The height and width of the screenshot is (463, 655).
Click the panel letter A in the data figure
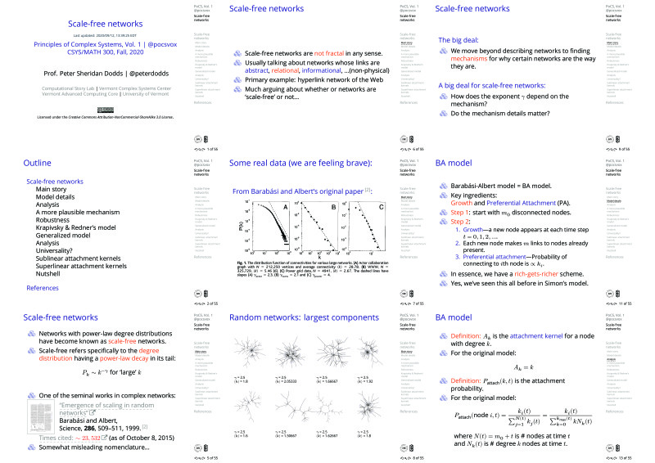[285, 207]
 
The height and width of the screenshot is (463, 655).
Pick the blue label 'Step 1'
[464, 212]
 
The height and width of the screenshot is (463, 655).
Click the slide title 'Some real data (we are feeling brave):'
[300, 163]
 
